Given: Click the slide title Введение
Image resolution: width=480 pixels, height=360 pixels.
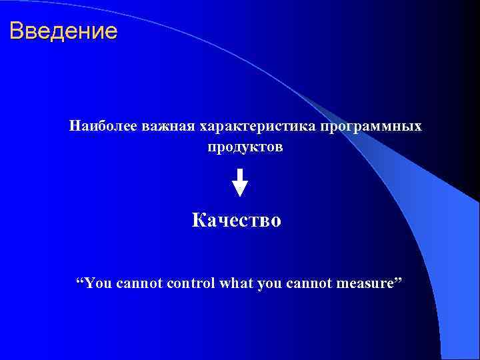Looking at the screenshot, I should tap(63, 31).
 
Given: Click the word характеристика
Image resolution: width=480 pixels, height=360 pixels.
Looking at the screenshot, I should tap(254, 126).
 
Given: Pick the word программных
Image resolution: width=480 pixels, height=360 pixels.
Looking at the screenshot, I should tap(371, 126).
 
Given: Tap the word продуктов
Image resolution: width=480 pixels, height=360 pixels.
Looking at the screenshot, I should tap(245, 147).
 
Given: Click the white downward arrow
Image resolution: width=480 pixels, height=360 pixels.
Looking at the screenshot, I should tap(240, 182).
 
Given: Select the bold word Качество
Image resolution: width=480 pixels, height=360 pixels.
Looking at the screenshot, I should tap(237, 220).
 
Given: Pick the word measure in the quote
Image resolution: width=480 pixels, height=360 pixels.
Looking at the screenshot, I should tap(364, 285).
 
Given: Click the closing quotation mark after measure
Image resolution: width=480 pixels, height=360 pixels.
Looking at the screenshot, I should tap(399, 280).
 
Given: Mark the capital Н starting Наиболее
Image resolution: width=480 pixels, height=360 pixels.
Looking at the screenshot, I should tap(74, 126).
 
